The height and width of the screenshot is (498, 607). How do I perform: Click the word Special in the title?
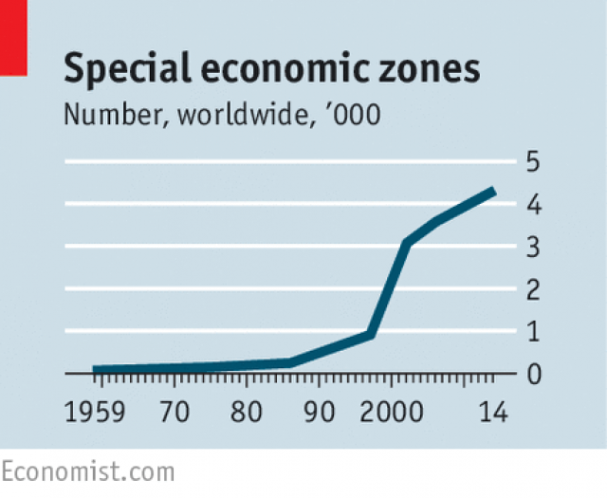click(x=127, y=69)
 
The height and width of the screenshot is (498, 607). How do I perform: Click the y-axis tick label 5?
click(x=533, y=161)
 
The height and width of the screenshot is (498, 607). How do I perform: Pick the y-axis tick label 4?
click(x=534, y=205)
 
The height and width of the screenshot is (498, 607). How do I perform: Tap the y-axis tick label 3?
click(x=533, y=247)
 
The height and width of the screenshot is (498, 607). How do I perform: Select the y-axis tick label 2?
click(x=533, y=289)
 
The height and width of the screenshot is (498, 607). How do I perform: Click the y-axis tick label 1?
click(x=533, y=332)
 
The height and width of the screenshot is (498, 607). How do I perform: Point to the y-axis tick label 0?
click(x=534, y=374)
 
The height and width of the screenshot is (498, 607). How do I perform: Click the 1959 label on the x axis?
click(x=95, y=412)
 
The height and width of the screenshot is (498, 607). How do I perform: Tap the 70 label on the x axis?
click(x=175, y=412)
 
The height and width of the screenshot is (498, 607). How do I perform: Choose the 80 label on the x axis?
click(x=247, y=412)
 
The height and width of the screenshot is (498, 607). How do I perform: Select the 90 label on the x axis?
click(x=319, y=412)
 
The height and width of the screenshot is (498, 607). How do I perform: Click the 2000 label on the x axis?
click(x=391, y=412)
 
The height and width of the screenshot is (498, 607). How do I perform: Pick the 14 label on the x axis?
click(x=493, y=412)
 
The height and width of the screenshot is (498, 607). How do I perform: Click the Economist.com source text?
click(x=88, y=472)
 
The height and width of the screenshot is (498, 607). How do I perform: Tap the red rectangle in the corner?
click(x=13, y=38)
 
